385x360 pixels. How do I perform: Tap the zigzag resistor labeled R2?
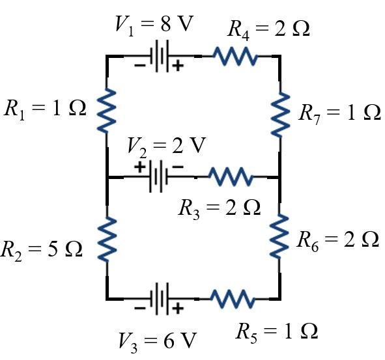click(106, 238)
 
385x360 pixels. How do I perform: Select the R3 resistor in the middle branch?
click(230, 176)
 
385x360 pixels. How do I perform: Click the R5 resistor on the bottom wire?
click(233, 299)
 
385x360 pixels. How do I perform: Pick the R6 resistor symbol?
click(279, 234)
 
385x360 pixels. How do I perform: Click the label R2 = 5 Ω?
click(43, 249)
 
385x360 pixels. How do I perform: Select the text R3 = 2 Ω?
click(220, 207)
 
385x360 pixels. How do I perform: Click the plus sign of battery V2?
click(139, 167)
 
